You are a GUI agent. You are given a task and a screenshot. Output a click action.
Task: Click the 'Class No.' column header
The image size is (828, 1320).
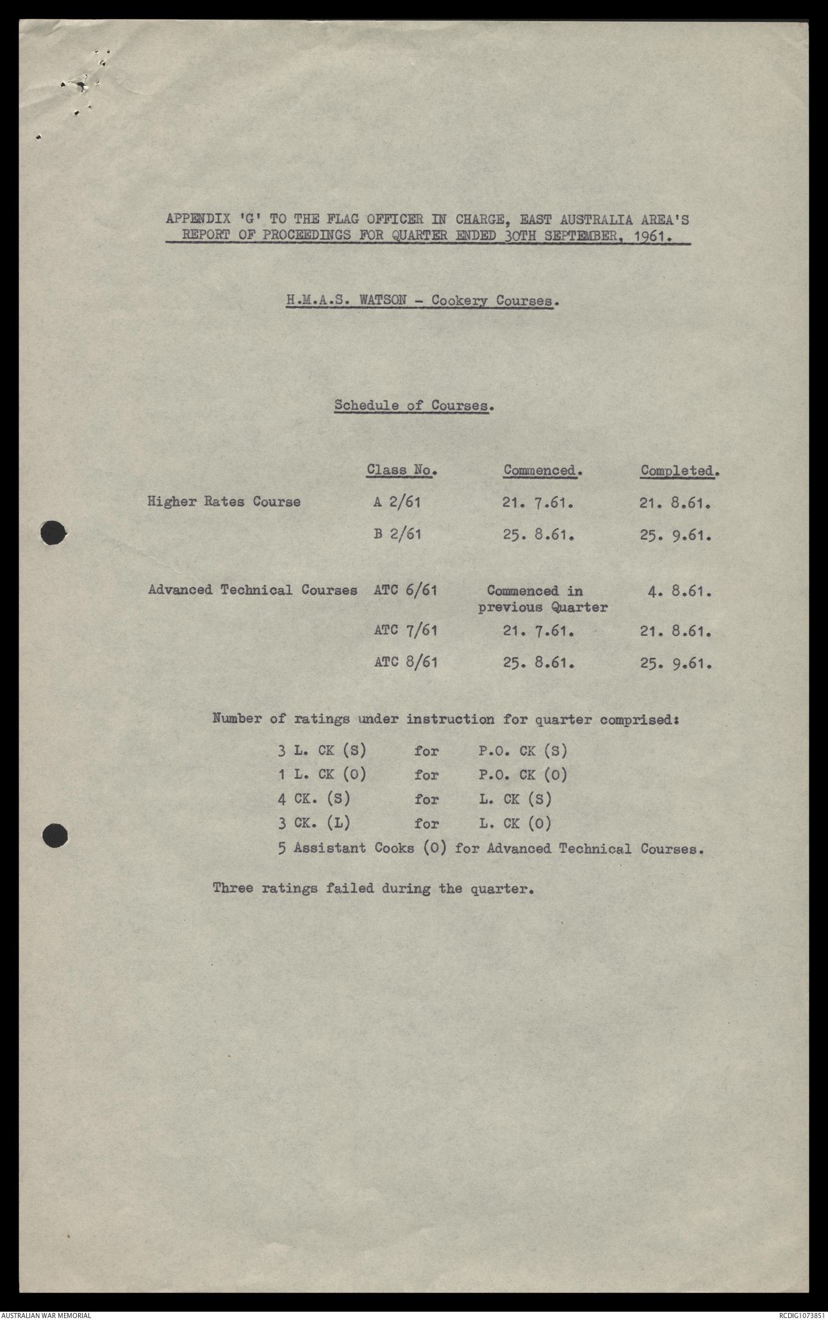pos(401,470)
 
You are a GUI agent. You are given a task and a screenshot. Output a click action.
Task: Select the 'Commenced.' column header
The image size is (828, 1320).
pos(542,470)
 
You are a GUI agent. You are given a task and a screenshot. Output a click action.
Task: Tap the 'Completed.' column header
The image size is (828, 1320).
pos(679,470)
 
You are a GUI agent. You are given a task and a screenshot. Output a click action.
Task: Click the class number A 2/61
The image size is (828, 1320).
pos(397,501)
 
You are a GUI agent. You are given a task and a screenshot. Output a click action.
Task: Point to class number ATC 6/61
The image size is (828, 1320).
pos(406,590)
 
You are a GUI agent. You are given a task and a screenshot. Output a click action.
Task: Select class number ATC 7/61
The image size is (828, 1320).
pos(406,631)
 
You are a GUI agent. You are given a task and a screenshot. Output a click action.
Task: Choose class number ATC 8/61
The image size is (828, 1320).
pos(406,662)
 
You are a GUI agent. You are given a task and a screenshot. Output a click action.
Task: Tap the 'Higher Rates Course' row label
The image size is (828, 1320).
pos(224,501)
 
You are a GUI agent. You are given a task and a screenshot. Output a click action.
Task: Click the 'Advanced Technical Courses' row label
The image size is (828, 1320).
pos(253,590)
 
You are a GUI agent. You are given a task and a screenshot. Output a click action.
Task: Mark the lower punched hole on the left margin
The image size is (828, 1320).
pos(54,835)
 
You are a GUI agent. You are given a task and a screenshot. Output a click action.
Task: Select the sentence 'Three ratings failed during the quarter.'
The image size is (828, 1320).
pos(373,888)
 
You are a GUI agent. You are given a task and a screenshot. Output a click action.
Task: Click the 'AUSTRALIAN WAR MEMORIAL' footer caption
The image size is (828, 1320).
pos(46,1315)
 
